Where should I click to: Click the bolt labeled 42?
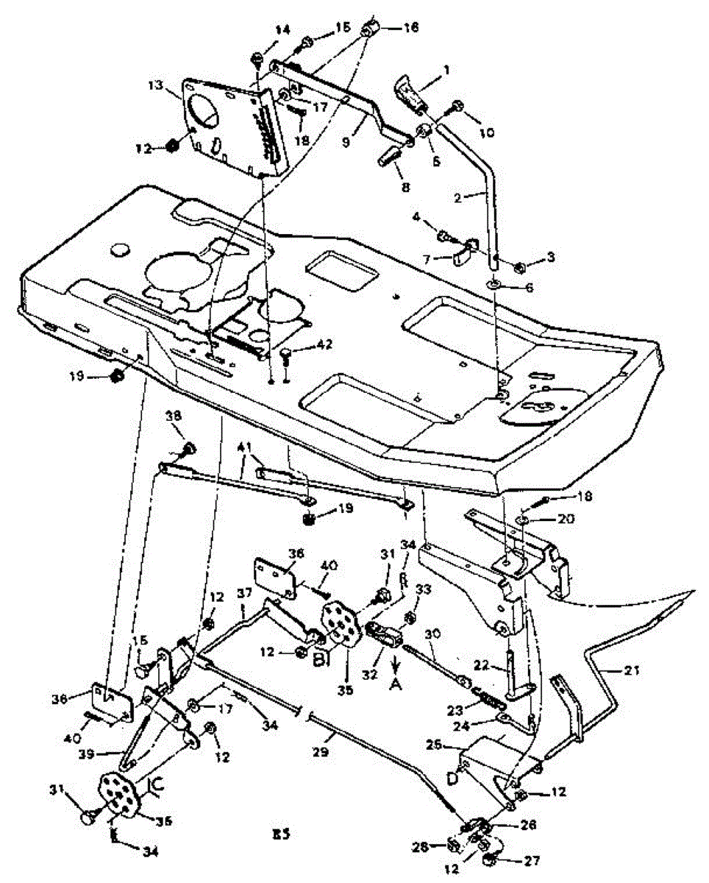[x=288, y=358]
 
